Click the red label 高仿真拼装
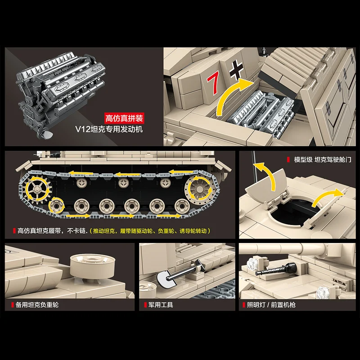[124, 118]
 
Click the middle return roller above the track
[122, 183]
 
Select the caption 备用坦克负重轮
[37, 305]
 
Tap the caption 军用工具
[161, 305]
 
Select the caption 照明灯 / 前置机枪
[272, 305]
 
